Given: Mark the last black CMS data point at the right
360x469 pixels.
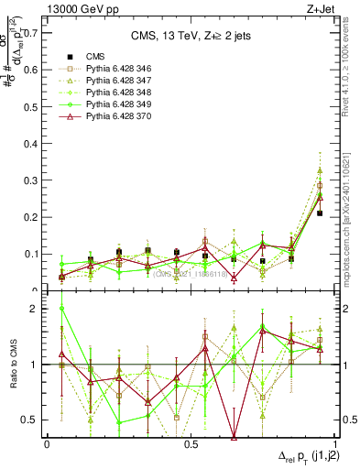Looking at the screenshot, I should (320, 213).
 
